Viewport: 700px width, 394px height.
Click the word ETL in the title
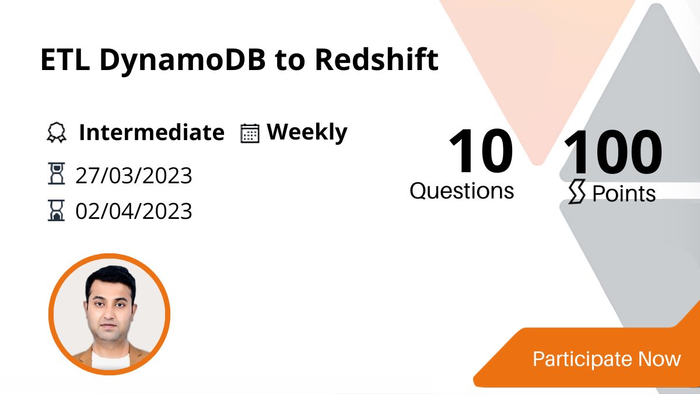point(65,60)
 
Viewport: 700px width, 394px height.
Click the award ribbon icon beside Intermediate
point(57,133)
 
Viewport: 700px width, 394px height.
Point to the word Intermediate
point(151,133)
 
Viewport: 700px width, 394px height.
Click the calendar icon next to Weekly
point(250,133)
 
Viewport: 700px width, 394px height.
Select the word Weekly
point(307,133)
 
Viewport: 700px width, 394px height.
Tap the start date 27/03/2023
point(134,175)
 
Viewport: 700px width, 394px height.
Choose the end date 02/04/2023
point(134,211)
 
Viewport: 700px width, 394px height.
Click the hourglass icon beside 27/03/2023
point(56,175)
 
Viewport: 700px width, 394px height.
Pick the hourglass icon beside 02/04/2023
point(56,210)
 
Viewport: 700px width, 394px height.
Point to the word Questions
point(462,191)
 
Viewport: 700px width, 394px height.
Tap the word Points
point(624,194)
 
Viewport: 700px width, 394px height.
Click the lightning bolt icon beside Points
point(576,193)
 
